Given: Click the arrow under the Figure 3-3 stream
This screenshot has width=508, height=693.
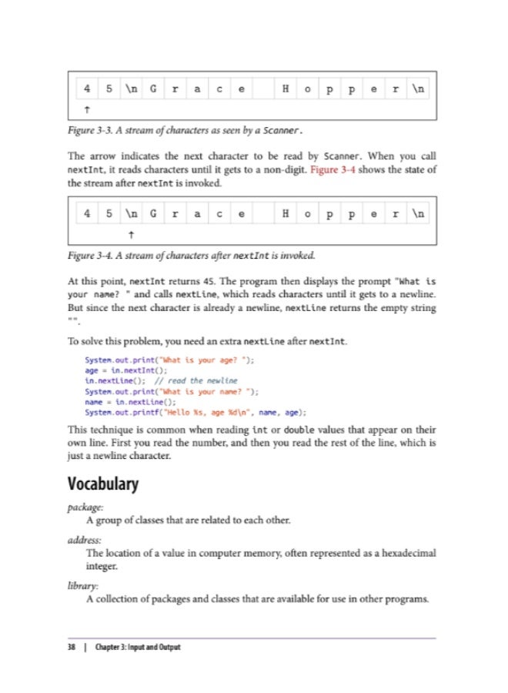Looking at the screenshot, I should (88, 109).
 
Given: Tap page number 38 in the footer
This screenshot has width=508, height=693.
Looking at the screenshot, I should (71, 647).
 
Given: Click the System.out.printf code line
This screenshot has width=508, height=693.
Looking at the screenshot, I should (202, 412).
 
